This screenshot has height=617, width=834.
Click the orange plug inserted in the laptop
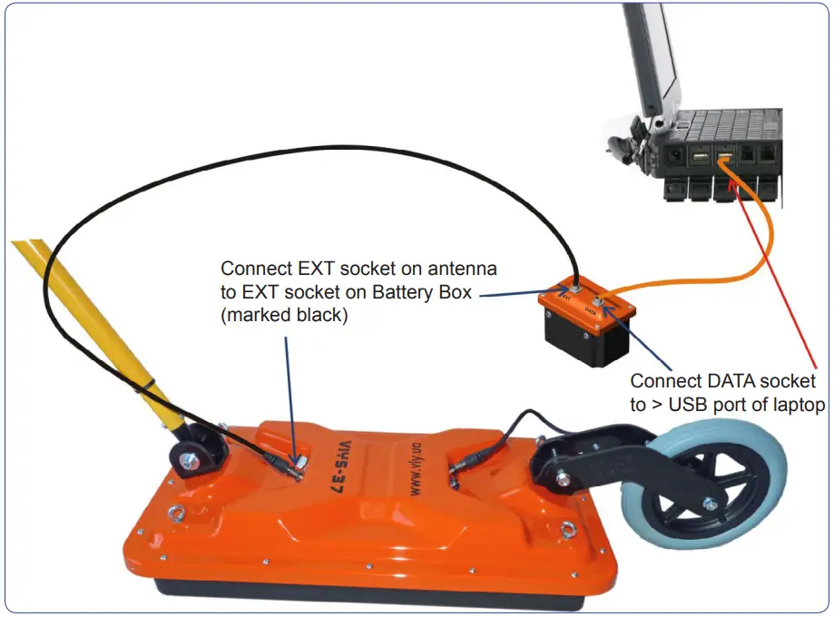723,161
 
